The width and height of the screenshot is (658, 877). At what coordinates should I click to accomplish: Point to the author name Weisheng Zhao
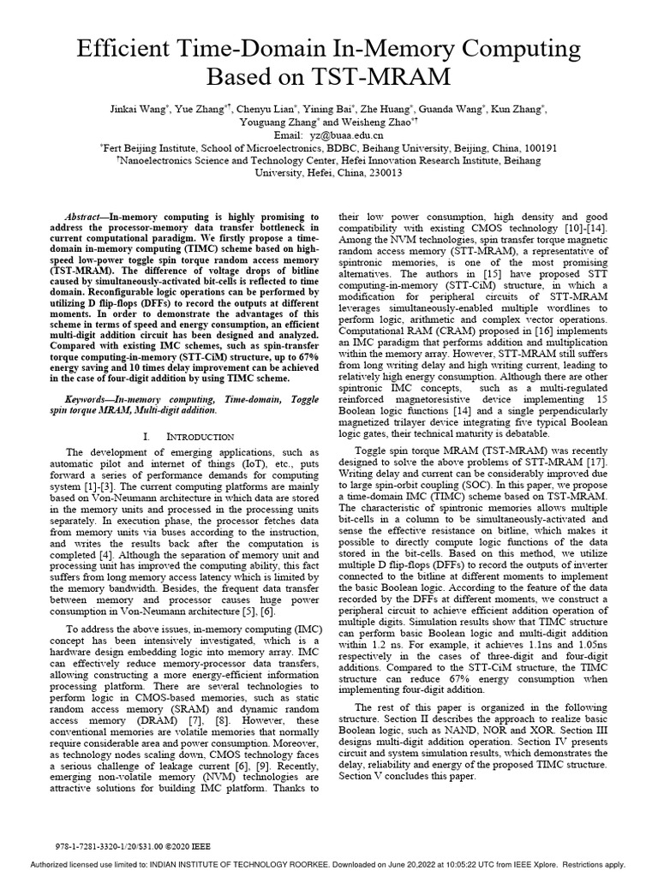pyautogui.click(x=351, y=122)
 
